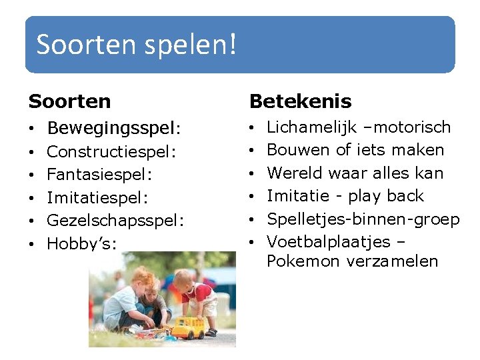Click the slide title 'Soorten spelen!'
136,45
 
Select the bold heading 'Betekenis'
300,101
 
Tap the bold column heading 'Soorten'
70,101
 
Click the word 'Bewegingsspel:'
114,127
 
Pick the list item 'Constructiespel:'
111,152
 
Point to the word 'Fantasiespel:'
100,175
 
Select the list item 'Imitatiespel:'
97,198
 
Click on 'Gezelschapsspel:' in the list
115,221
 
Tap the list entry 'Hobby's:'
81,244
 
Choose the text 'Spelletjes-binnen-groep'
363,219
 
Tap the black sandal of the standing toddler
211,331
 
